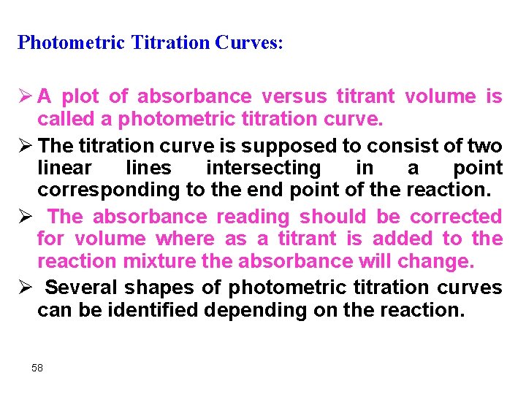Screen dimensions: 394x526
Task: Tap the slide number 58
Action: click(x=37, y=368)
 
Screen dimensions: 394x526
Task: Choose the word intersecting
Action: click(x=263, y=169)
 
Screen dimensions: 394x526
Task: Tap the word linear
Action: click(x=64, y=169)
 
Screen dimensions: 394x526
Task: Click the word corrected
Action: click(x=456, y=217)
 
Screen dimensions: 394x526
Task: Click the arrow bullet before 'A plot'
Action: click(x=25, y=96)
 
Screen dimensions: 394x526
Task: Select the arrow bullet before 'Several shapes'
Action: click(x=25, y=287)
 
